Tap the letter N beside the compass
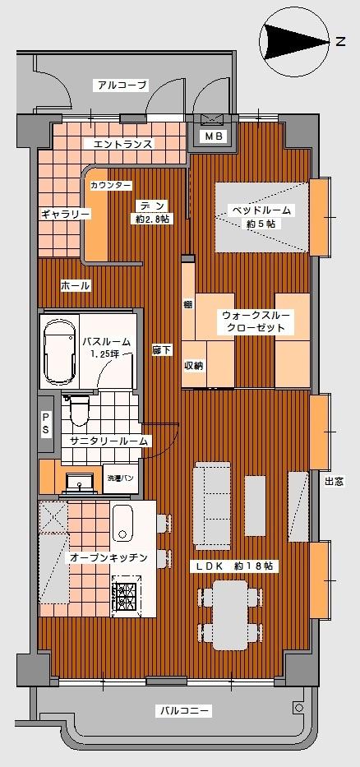pos(339,41)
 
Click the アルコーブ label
pos(121,85)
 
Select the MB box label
pos(213,136)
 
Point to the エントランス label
pos(123,144)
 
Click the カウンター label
pos(110,185)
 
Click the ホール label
pos(75,285)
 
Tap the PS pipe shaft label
pos(46,423)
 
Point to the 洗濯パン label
pos(118,478)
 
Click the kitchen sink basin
pos(123,523)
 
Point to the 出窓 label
pos(335,483)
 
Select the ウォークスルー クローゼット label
pos(254,321)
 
